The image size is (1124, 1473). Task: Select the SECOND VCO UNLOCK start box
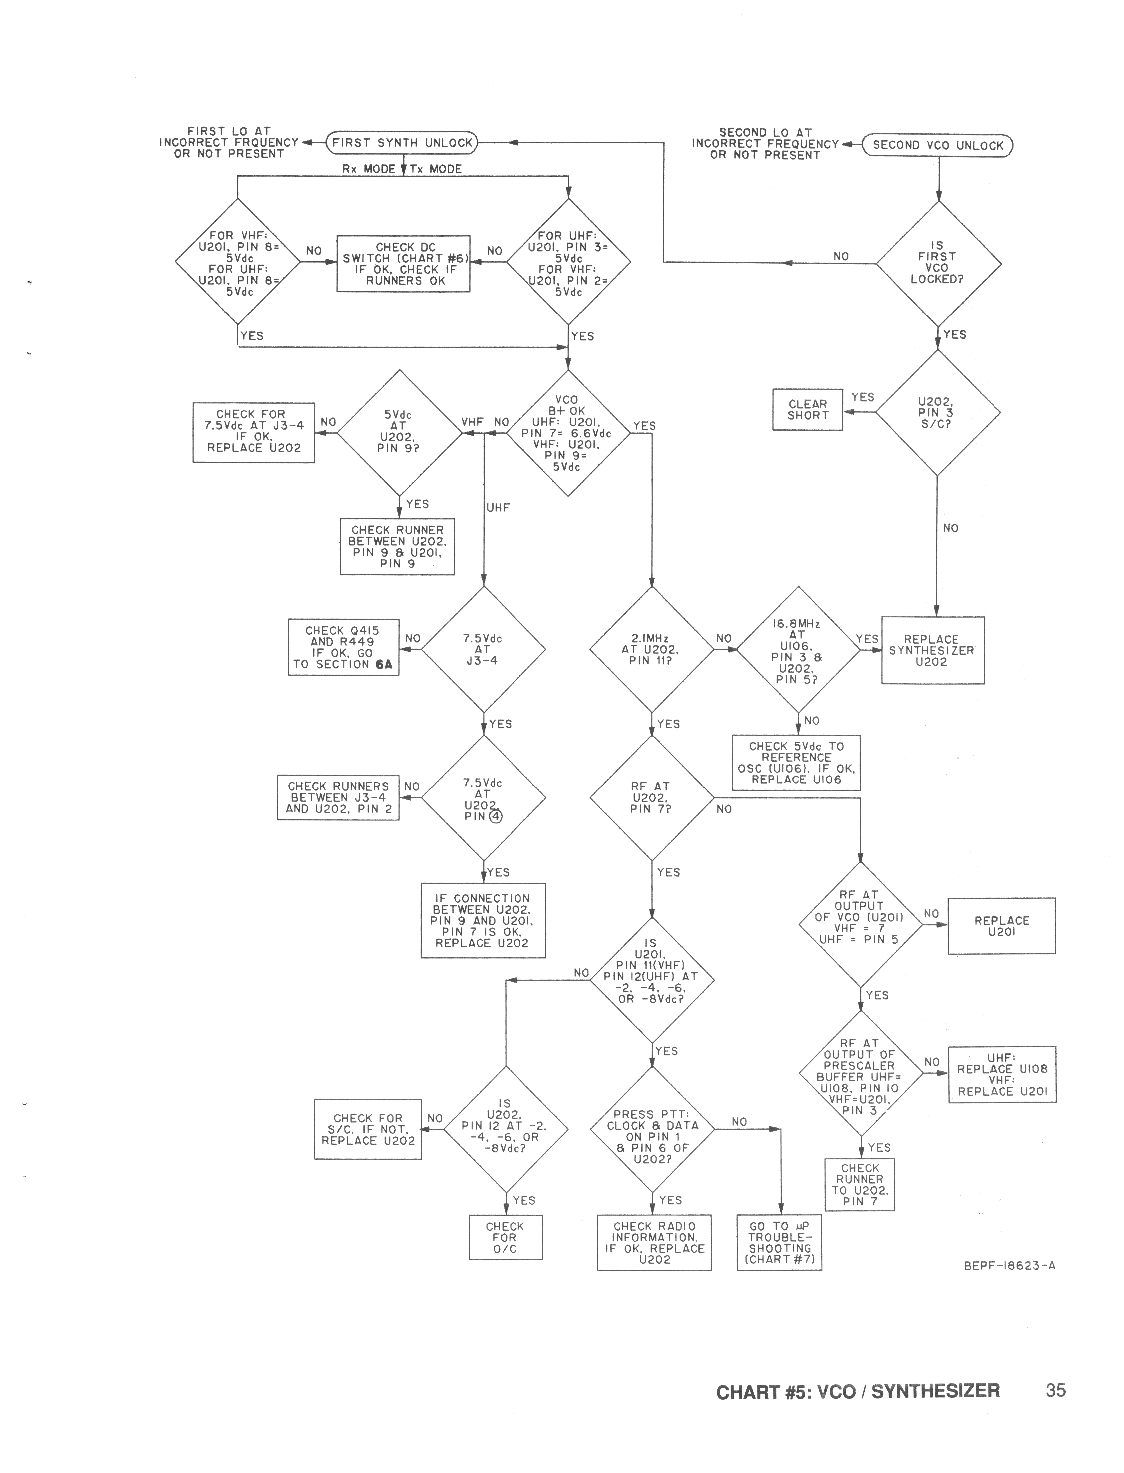937,145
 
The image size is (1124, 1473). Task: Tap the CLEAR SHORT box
808,409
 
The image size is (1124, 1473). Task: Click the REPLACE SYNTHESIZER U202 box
932,650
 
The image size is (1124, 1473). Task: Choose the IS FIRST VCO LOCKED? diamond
938,264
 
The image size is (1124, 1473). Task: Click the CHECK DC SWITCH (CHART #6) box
403,264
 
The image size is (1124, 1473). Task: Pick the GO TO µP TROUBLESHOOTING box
779,1242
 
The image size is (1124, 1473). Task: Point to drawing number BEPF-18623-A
1009,1265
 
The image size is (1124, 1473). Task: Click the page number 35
1055,1390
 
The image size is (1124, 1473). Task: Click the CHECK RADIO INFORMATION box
654,1242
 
